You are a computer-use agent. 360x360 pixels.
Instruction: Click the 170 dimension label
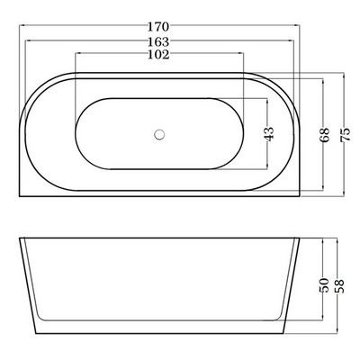pos(158,27)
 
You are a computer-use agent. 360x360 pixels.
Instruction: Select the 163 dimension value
pos(158,41)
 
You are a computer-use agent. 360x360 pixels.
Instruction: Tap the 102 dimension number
pos(158,54)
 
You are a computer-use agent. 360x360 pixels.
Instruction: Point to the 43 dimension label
pos(269,134)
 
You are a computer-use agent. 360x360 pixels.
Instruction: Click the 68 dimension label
pos(324,135)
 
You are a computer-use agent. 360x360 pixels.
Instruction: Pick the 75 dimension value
pos(346,135)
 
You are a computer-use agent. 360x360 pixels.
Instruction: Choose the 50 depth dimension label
pos(324,285)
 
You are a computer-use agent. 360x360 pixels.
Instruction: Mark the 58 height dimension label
pos(340,286)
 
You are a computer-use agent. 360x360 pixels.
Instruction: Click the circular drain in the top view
pos(159,134)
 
